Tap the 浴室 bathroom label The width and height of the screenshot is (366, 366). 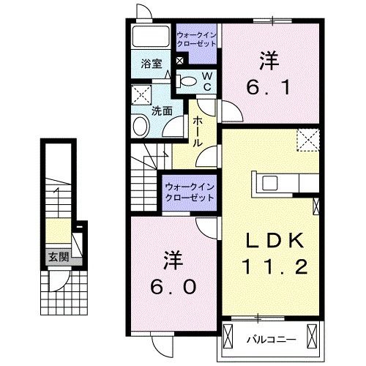(x=152, y=64)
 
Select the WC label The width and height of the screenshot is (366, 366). (x=206, y=81)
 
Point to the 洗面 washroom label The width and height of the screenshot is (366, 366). (x=162, y=111)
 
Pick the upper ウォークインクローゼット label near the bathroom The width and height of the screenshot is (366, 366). (x=195, y=39)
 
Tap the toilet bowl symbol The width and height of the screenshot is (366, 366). (x=188, y=81)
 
